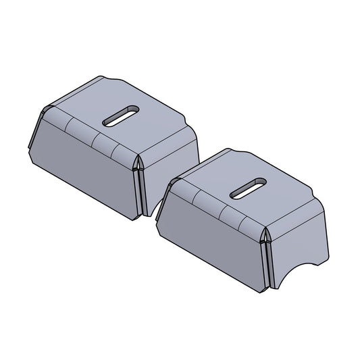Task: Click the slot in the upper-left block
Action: [x=121, y=115]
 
